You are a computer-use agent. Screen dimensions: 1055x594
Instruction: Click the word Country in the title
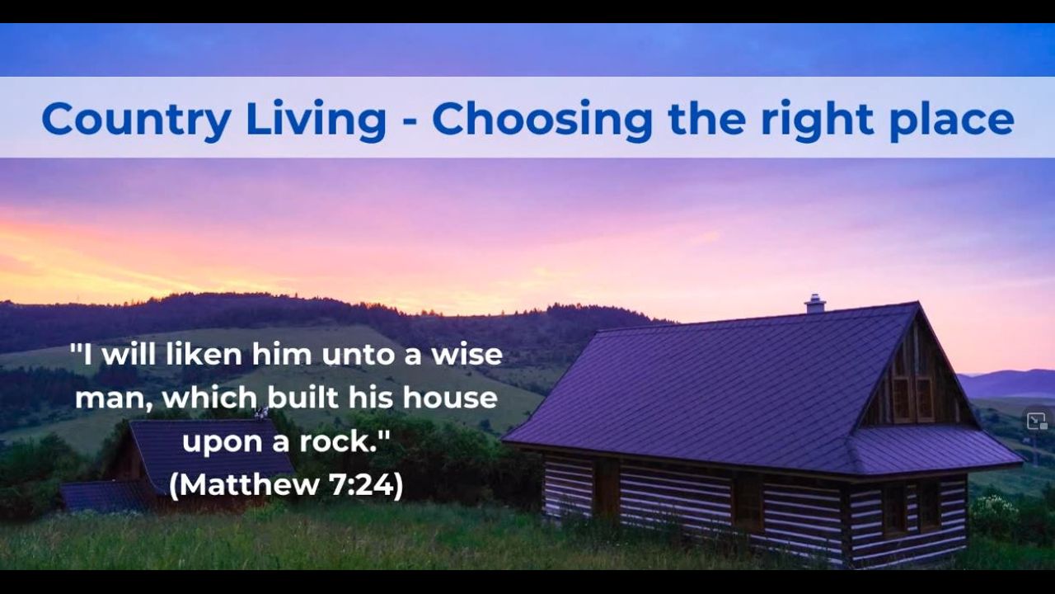[136, 120]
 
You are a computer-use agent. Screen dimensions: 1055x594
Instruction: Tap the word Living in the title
[316, 120]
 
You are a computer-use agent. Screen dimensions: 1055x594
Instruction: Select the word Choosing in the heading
[542, 120]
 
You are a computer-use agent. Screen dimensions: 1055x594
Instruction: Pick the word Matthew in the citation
[249, 484]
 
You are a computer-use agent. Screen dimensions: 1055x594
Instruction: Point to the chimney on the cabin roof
[815, 304]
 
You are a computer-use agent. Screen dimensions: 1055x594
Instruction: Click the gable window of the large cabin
[913, 398]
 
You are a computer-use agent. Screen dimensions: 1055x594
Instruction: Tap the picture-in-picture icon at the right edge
[1037, 421]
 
